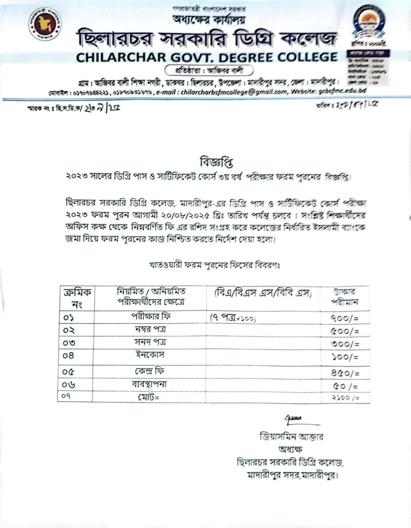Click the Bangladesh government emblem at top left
pyautogui.click(x=45, y=24)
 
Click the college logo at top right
pyautogui.click(x=368, y=23)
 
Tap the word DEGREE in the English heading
pyautogui.click(x=246, y=57)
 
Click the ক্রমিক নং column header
pyautogui.click(x=77, y=298)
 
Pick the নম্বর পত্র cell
pyautogui.click(x=150, y=330)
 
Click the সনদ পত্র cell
pyautogui.click(x=150, y=342)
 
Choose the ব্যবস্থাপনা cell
pyautogui.click(x=151, y=384)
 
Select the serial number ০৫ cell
pyautogui.click(x=69, y=372)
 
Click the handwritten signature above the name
pyautogui.click(x=293, y=420)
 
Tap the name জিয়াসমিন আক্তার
pyautogui.click(x=291, y=436)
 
